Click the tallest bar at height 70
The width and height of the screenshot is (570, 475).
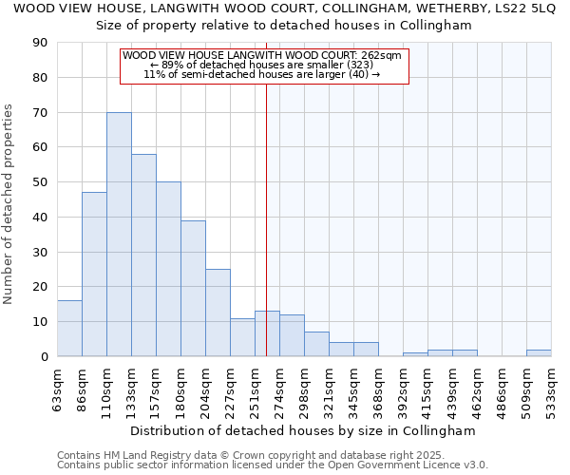(x=119, y=234)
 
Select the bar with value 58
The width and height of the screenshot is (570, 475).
(x=143, y=255)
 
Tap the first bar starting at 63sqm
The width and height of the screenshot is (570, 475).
(x=69, y=328)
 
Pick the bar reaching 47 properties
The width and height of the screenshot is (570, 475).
(x=94, y=274)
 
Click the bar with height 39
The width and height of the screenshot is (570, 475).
(x=193, y=288)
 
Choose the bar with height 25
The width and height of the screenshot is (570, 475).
(x=218, y=313)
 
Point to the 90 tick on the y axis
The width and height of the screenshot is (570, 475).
(x=41, y=43)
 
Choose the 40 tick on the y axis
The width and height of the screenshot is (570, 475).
(x=41, y=217)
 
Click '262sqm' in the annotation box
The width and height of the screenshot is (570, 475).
(x=380, y=56)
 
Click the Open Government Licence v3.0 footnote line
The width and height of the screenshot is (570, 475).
(x=273, y=465)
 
